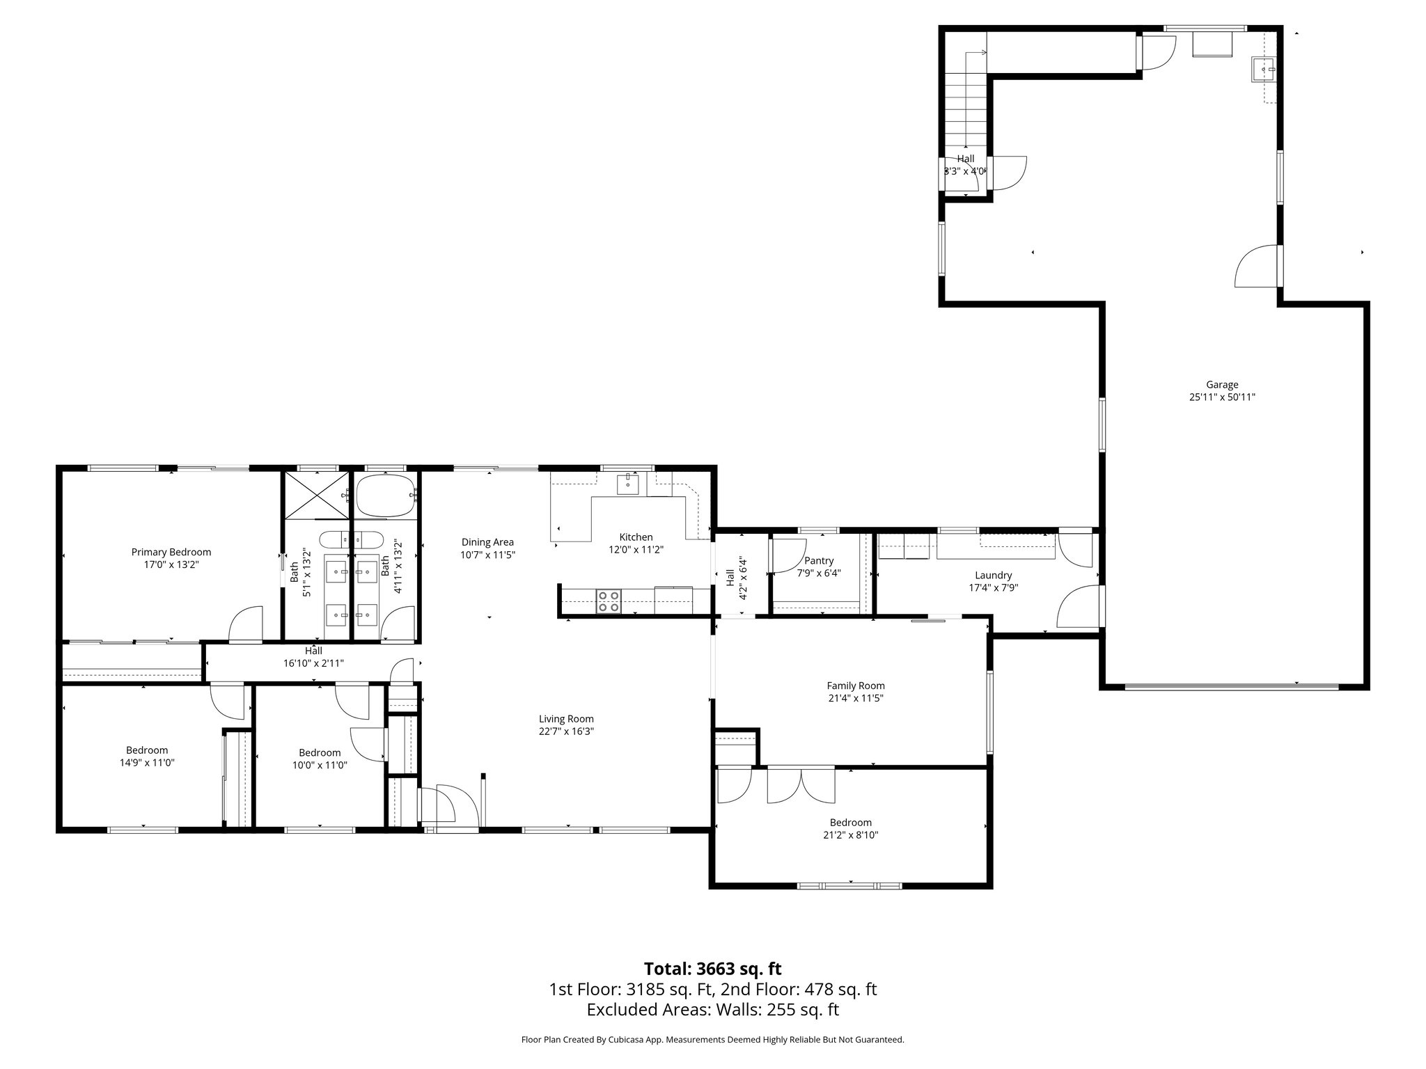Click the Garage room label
1222,384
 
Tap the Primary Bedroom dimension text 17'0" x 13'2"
171,565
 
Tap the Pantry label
818,561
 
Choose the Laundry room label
993,575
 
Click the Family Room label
856,686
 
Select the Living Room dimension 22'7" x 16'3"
566,731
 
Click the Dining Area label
487,542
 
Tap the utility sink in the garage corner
1263,70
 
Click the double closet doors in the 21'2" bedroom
801,785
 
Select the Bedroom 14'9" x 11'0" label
147,750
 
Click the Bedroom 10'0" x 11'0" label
320,752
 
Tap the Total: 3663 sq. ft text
712,969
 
